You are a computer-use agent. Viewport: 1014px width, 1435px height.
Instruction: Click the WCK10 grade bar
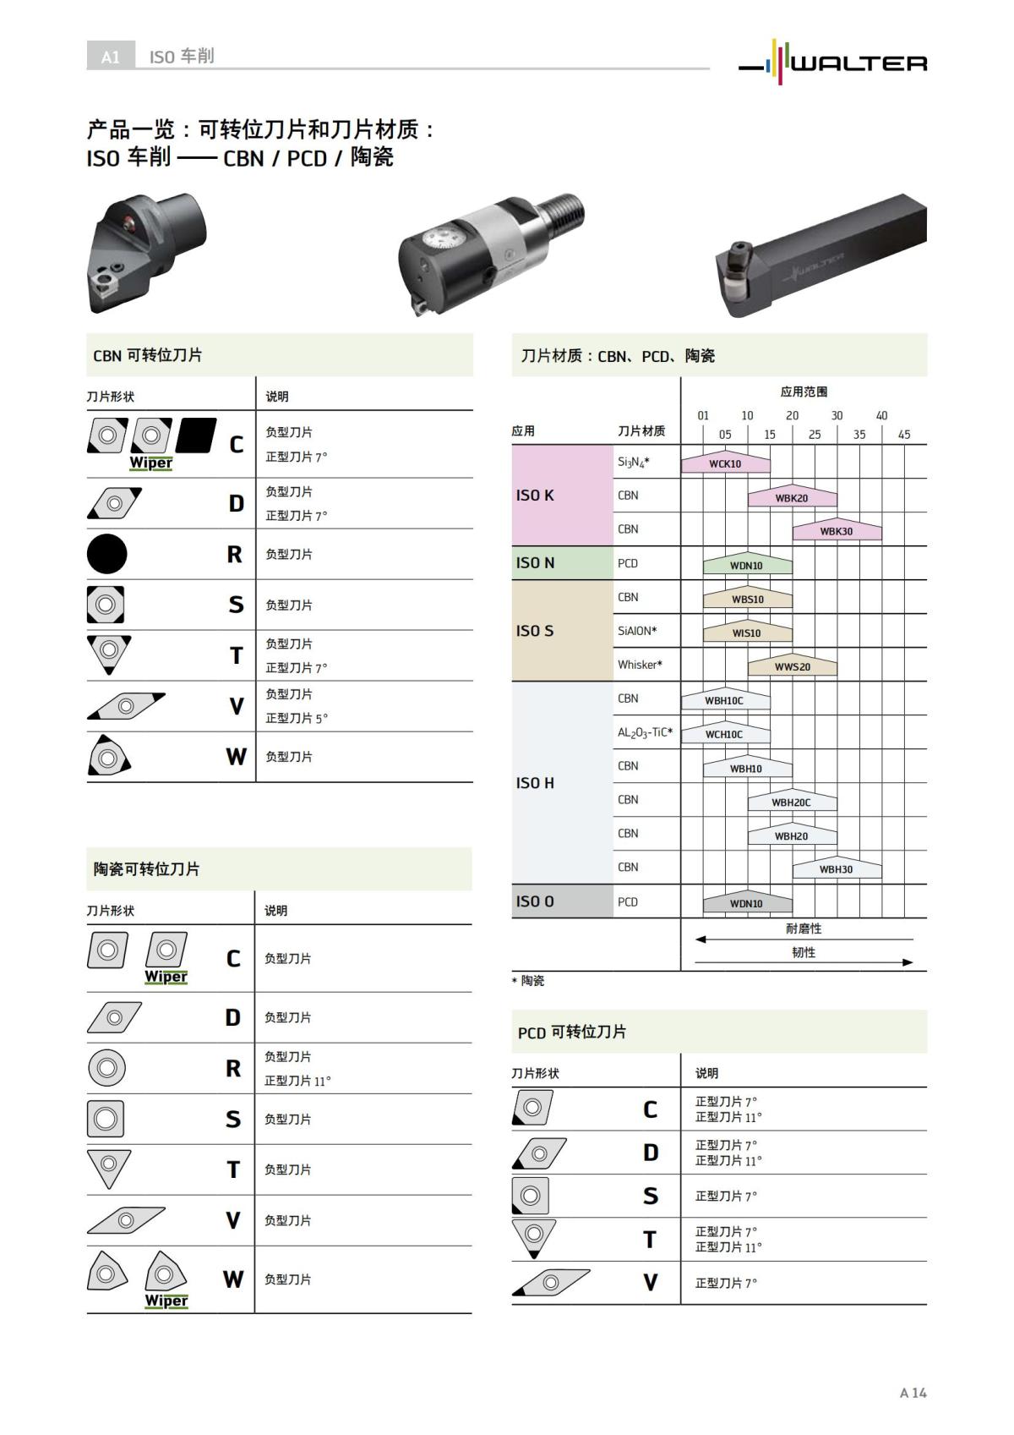pyautogui.click(x=725, y=463)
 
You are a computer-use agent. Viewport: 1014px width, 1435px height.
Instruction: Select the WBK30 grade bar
pyautogui.click(x=837, y=531)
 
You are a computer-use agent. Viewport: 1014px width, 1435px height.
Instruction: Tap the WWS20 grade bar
pyautogui.click(x=792, y=666)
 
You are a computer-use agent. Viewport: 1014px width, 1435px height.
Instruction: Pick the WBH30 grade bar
pyautogui.click(x=836, y=869)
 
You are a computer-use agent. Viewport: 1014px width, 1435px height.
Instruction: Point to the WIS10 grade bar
pyautogui.click(x=747, y=633)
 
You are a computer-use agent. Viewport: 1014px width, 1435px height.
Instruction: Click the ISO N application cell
pyautogui.click(x=562, y=563)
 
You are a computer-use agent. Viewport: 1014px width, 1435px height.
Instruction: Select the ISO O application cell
pyautogui.click(x=562, y=901)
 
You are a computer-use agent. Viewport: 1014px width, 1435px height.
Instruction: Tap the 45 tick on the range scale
pyautogui.click(x=904, y=435)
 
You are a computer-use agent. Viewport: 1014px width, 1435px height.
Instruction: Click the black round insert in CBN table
pyautogui.click(x=107, y=555)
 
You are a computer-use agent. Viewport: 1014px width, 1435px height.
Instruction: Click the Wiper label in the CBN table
pyautogui.click(x=150, y=463)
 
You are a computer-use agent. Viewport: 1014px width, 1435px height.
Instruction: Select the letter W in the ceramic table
pyautogui.click(x=233, y=1279)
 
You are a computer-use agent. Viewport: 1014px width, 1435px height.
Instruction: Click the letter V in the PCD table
pyautogui.click(x=650, y=1283)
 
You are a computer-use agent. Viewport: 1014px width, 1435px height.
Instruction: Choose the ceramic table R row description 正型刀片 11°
pyautogui.click(x=297, y=1081)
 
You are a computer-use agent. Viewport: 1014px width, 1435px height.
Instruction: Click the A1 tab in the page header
pyautogui.click(x=111, y=57)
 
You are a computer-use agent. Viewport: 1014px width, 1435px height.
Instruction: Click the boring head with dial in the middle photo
pyautogui.click(x=490, y=254)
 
